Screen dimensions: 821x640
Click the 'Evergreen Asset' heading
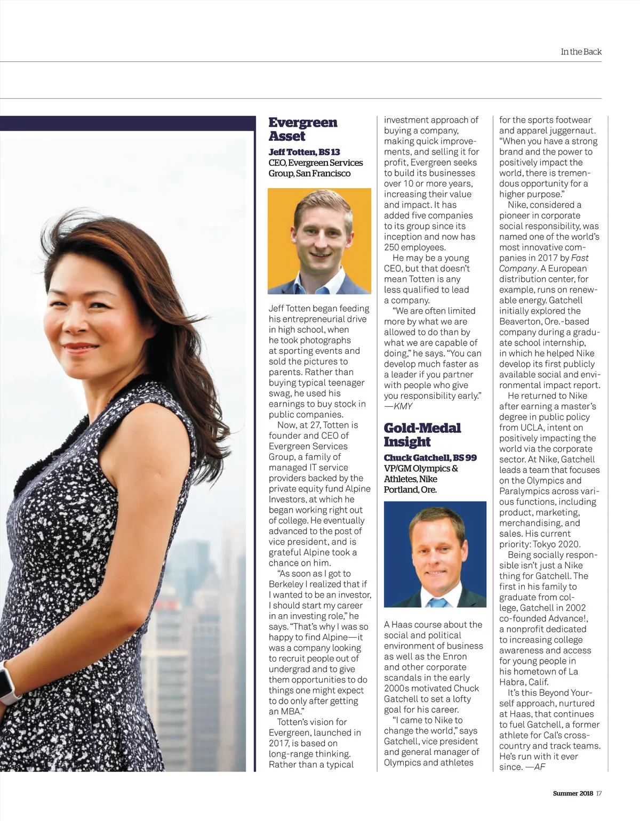pos(302,129)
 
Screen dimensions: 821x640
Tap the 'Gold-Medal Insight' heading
pos(422,434)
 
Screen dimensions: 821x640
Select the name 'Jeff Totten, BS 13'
pos(304,152)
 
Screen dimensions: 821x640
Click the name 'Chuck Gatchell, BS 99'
pos(430,457)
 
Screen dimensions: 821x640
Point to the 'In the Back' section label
pos(581,52)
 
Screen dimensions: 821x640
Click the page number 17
pos(599,793)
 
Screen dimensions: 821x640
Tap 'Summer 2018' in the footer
pos(572,793)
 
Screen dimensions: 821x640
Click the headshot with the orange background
pos(319,241)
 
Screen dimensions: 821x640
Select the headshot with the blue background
pos(435,554)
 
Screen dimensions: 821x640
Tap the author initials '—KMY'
pos(398,406)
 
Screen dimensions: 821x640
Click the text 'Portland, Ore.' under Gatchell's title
pos(410,489)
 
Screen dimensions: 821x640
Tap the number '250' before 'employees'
pos(393,247)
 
